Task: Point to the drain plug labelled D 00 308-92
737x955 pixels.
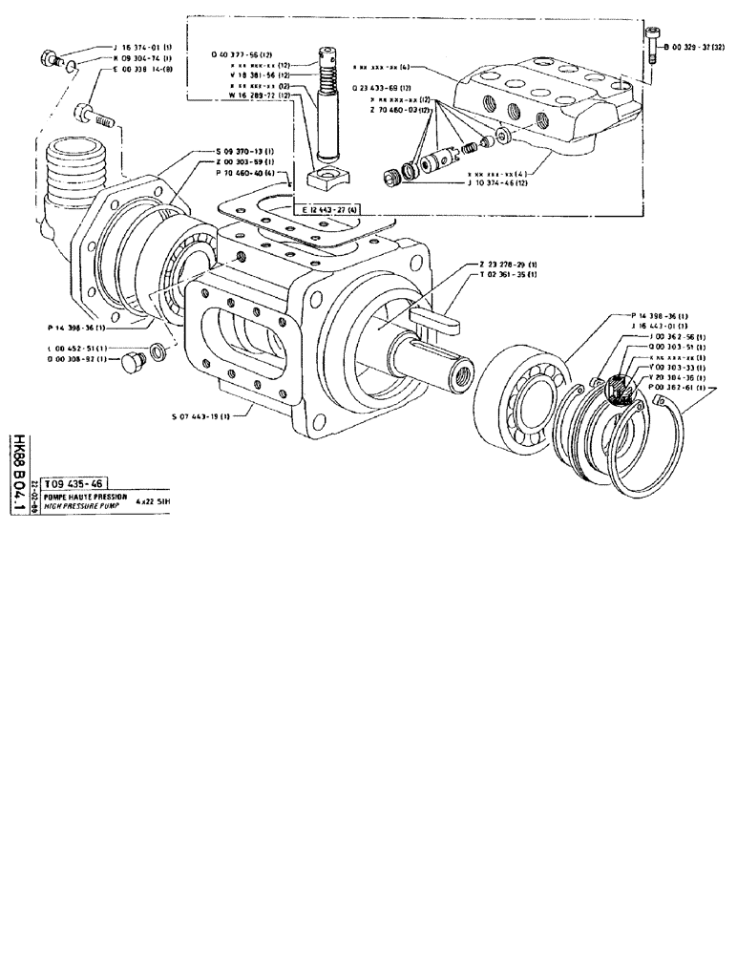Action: pyautogui.click(x=133, y=363)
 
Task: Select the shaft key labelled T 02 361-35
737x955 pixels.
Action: pyautogui.click(x=434, y=320)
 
